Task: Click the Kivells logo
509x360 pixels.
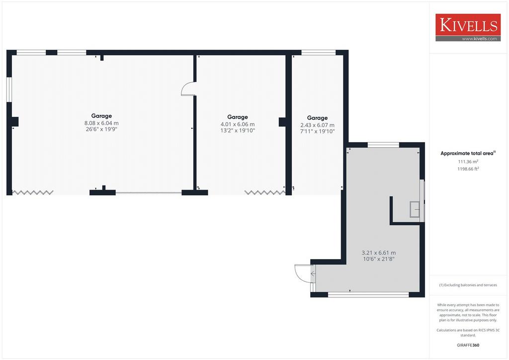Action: click(468, 27)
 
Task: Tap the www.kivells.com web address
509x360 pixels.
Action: click(479, 39)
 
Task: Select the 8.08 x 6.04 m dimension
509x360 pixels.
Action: click(101, 123)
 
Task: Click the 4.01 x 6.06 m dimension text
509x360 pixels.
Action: click(238, 124)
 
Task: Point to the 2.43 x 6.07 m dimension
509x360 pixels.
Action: click(318, 125)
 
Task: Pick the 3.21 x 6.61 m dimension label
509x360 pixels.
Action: click(379, 253)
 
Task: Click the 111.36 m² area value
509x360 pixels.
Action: click(468, 161)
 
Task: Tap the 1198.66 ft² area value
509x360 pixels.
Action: click(468, 169)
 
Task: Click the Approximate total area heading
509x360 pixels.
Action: click(468, 153)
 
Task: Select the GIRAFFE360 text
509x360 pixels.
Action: click(468, 345)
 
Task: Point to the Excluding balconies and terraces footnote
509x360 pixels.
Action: click(468, 285)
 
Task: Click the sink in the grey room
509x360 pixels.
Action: click(415, 209)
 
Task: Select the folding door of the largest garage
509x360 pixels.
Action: click(33, 192)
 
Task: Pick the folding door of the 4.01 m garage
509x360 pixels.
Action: click(264, 192)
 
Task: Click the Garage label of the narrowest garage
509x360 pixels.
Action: click(318, 118)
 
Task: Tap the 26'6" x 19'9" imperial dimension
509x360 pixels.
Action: click(101, 129)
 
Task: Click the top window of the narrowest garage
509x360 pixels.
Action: click(318, 52)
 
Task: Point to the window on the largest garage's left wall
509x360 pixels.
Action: click(9, 90)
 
